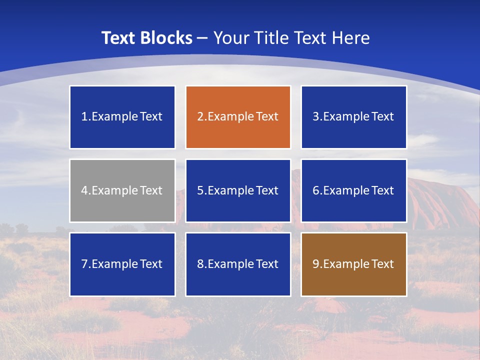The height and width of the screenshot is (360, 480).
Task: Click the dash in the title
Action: [x=202, y=38]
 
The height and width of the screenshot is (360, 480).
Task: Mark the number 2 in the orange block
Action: [x=200, y=117]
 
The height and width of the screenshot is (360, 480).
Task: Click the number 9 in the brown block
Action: [x=316, y=264]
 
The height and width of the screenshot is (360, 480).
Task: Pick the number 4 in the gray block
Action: [x=84, y=190]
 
